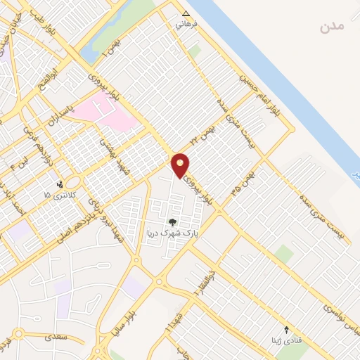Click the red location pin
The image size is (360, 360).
(181, 165)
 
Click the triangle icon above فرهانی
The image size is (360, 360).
(186, 13)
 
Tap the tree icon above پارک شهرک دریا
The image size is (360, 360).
(172, 222)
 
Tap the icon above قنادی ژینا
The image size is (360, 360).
(286, 329)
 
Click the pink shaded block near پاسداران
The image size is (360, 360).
(105, 112)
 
